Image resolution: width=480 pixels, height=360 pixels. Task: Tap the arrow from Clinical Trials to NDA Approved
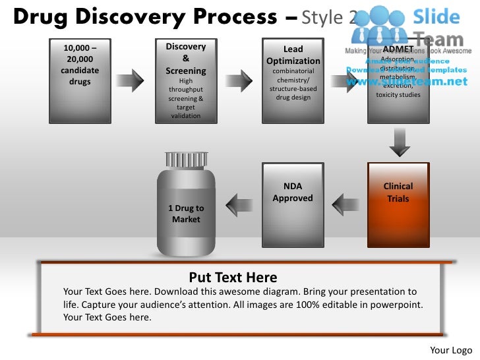coord(345,204)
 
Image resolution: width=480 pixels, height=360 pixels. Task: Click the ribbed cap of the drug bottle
coord(185,160)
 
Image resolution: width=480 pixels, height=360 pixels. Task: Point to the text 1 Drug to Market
coord(186,214)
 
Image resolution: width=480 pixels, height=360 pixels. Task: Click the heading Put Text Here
coord(233,278)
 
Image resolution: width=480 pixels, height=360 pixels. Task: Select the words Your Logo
coord(451,349)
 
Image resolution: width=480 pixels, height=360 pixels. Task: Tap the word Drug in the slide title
coord(38,17)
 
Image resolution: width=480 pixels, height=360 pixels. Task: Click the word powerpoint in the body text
coord(393,304)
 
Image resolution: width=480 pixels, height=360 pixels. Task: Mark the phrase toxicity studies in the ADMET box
coord(398,95)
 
